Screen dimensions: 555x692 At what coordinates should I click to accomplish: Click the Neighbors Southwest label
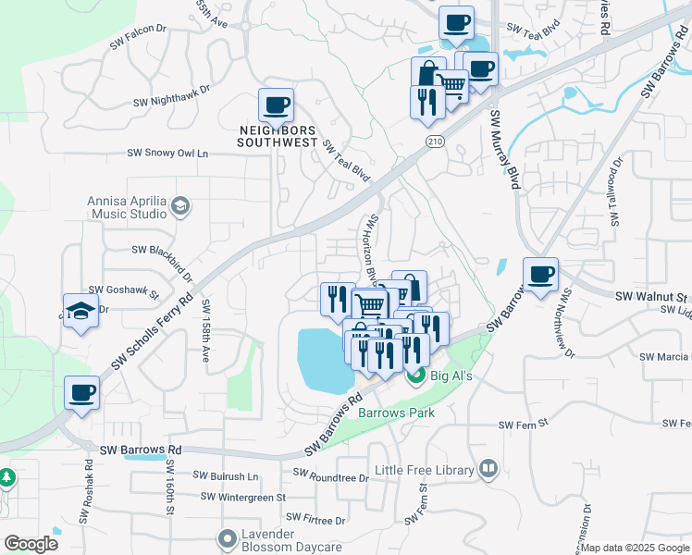pyautogui.click(x=278, y=136)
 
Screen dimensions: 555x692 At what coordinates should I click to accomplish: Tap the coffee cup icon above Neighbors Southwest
pyautogui.click(x=276, y=105)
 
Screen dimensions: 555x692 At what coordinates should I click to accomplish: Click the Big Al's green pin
pyautogui.click(x=414, y=376)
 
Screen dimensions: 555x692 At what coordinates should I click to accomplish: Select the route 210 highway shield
pyautogui.click(x=435, y=140)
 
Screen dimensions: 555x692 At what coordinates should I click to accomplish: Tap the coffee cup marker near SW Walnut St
pyautogui.click(x=540, y=274)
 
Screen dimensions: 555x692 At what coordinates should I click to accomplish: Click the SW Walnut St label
pyautogui.click(x=652, y=297)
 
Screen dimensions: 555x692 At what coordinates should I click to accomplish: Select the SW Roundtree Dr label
pyautogui.click(x=330, y=474)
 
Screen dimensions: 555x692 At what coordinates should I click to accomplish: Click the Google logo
pyautogui.click(x=31, y=543)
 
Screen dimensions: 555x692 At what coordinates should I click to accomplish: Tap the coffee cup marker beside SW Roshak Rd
pyautogui.click(x=81, y=393)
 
